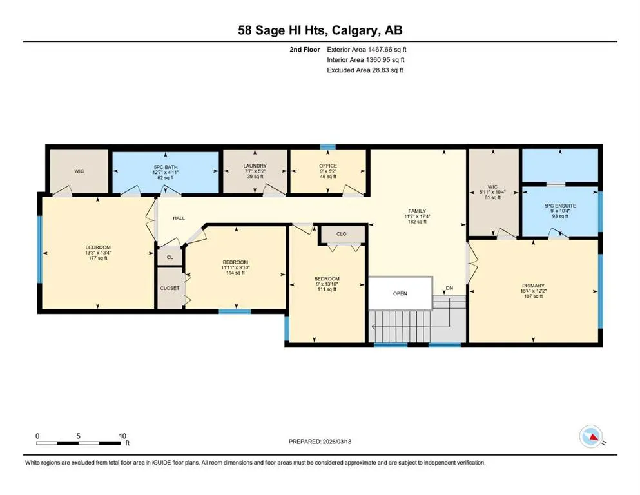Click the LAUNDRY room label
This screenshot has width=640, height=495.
[x=255, y=166]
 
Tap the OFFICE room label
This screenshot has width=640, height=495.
[x=328, y=166]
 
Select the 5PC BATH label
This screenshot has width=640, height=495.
[x=165, y=167]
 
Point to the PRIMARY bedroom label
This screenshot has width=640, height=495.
[x=533, y=286]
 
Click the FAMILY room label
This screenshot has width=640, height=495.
[x=417, y=211]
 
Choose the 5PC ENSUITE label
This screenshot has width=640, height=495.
[x=560, y=206]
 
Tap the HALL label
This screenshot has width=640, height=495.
[x=179, y=218]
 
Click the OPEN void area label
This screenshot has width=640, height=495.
[x=400, y=293]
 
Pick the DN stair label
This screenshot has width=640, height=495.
[x=449, y=288]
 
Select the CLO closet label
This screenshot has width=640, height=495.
[x=341, y=234]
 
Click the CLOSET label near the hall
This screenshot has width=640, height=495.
[x=170, y=288]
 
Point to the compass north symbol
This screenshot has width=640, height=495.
[x=591, y=436]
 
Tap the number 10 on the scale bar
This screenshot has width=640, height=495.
[x=122, y=436]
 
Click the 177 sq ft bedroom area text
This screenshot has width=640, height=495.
[x=98, y=258]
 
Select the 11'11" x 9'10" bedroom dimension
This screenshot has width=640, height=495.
[x=235, y=267]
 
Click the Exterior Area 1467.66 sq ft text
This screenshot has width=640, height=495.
[x=367, y=50]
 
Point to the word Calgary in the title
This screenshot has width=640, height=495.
[x=354, y=30]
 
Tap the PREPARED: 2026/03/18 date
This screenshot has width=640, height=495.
[x=320, y=442]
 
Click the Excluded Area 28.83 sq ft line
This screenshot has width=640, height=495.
[x=365, y=70]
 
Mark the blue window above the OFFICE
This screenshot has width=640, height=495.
[x=328, y=147]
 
